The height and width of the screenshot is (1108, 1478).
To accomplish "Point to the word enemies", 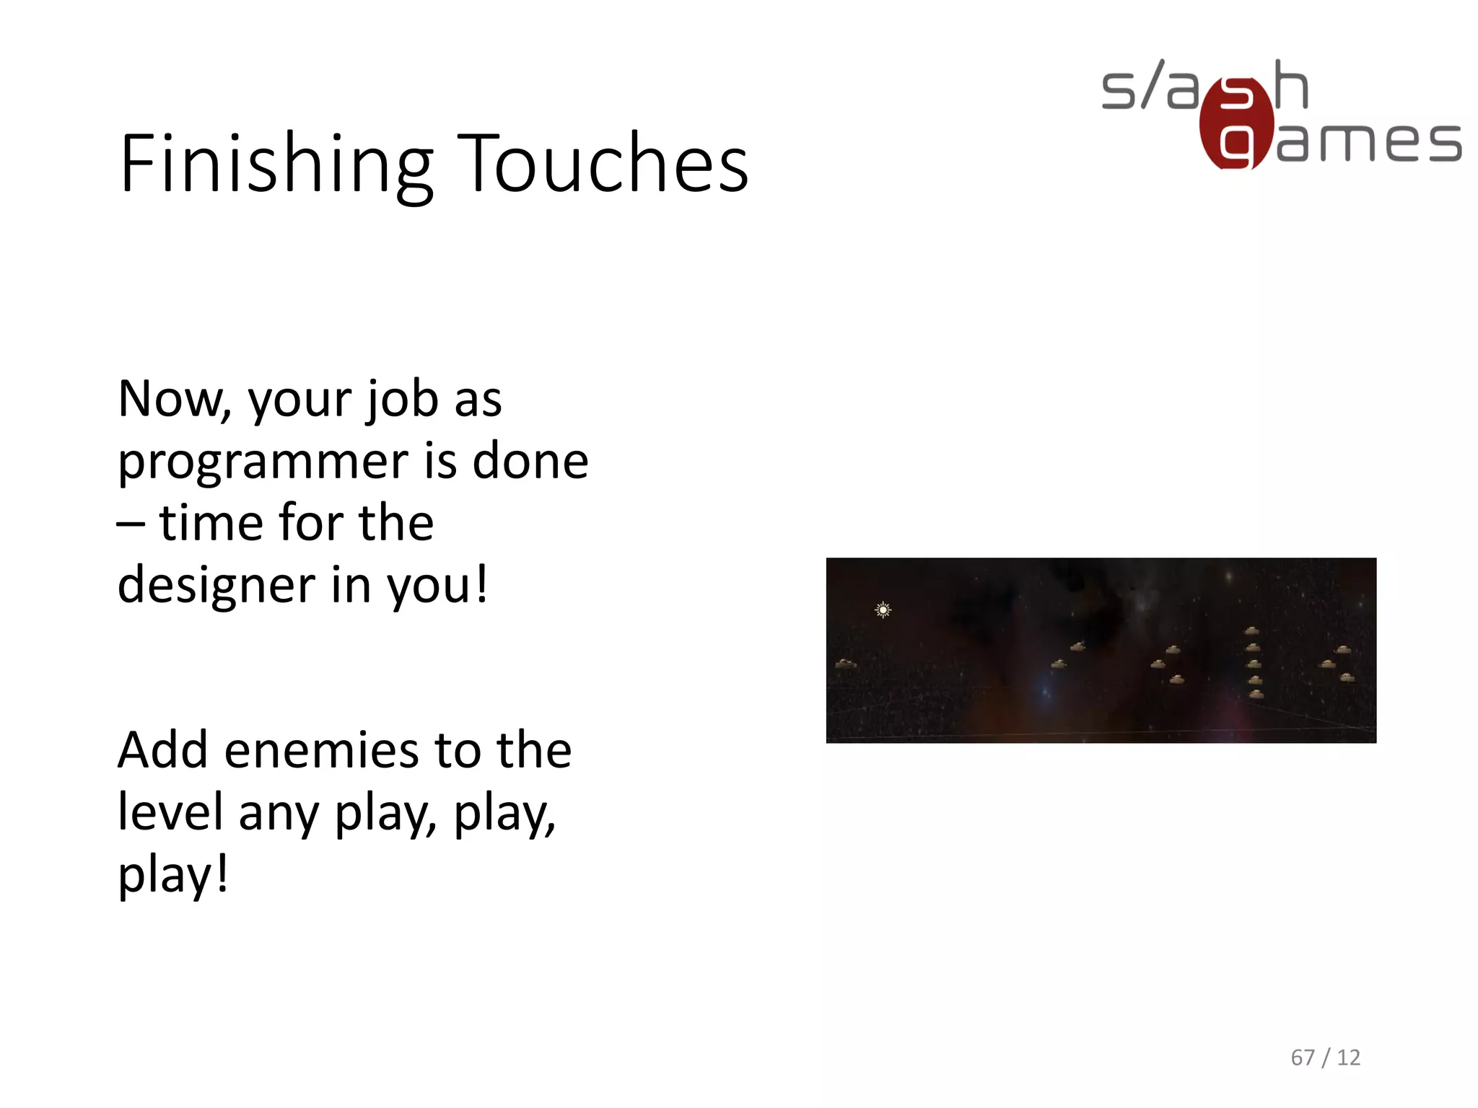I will point(321,750).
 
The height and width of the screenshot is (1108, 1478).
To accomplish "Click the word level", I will point(170,812).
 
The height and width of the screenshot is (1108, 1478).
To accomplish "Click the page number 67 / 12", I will point(1325,1058).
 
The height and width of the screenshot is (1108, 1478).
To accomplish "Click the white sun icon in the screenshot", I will point(883,610).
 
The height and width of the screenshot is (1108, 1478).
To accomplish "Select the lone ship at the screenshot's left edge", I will point(845,663).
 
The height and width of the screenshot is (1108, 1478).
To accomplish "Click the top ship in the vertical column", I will point(1252,631).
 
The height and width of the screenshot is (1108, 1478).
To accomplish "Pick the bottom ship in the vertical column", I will point(1256,694).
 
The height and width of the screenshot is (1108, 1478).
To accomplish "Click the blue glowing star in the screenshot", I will point(1044,690).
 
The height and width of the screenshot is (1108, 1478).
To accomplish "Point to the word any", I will point(278,813).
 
